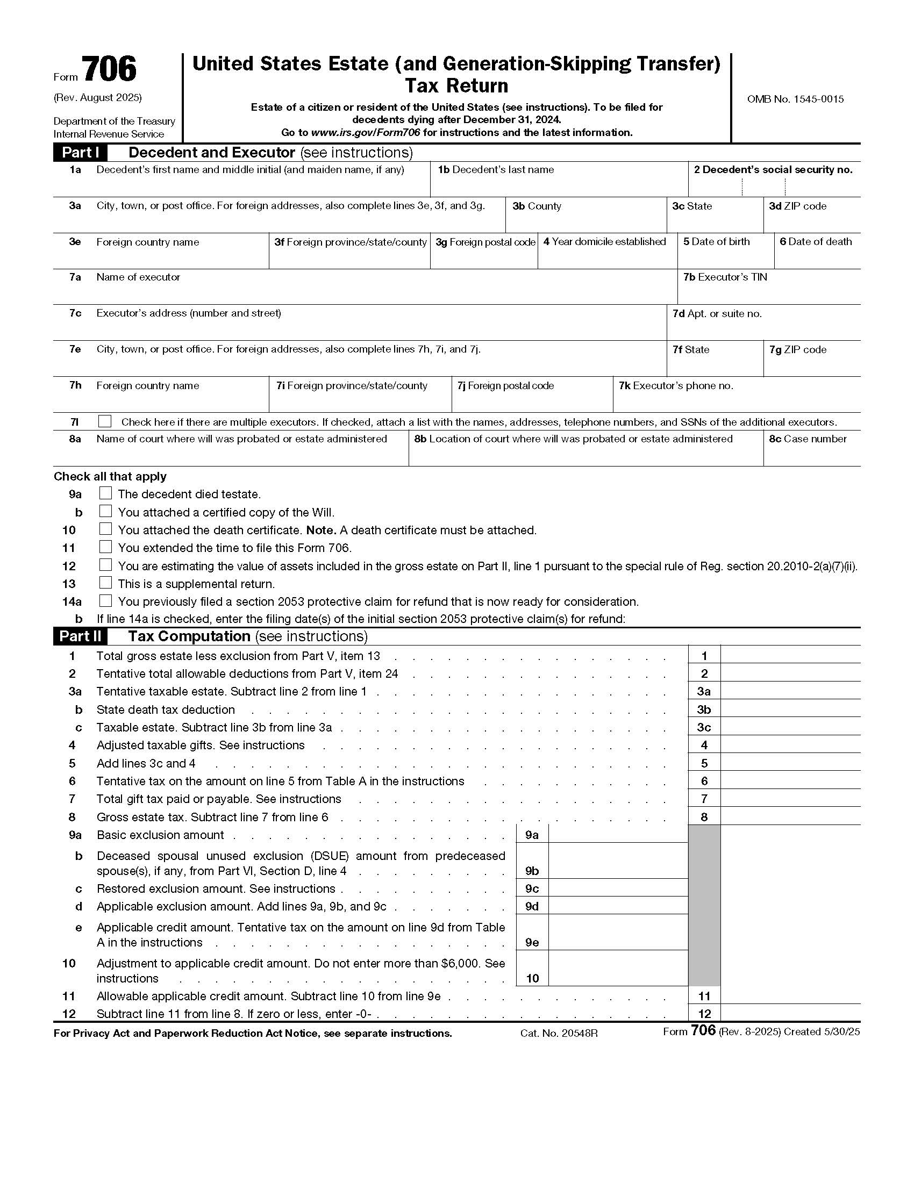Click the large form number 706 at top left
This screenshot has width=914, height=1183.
pyautogui.click(x=110, y=70)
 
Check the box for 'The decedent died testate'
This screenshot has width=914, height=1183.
pyautogui.click(x=106, y=493)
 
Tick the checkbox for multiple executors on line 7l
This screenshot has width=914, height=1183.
pyautogui.click(x=105, y=421)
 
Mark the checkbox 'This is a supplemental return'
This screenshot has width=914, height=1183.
pyautogui.click(x=106, y=583)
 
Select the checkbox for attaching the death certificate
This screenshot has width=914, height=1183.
pyautogui.click(x=106, y=529)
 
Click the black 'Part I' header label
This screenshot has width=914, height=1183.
pyautogui.click(x=80, y=153)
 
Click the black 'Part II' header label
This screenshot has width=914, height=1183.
pyautogui.click(x=80, y=636)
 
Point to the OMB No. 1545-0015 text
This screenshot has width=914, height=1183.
pyautogui.click(x=795, y=99)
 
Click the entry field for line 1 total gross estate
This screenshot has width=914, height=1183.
pyautogui.click(x=790, y=655)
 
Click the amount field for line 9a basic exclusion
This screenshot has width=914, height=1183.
pyautogui.click(x=618, y=835)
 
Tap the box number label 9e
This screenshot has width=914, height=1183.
pyautogui.click(x=532, y=943)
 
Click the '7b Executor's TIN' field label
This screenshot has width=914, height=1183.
pyautogui.click(x=725, y=277)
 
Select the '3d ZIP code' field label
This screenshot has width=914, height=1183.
pyautogui.click(x=797, y=206)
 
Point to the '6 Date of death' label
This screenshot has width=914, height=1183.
pyautogui.click(x=816, y=241)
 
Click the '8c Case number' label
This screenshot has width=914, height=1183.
pyautogui.click(x=807, y=439)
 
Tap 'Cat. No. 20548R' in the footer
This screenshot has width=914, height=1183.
pyautogui.click(x=559, y=1033)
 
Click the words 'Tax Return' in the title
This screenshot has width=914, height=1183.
pyautogui.click(x=456, y=85)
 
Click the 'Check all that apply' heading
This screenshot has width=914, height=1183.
pyautogui.click(x=110, y=477)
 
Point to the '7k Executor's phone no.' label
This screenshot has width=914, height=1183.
pyautogui.click(x=676, y=386)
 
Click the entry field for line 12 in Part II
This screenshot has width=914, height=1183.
pyautogui.click(x=790, y=1014)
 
